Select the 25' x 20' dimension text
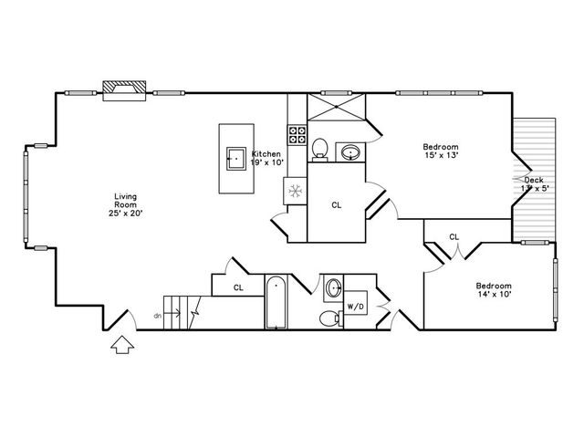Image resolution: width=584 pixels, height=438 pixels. pos(124,213)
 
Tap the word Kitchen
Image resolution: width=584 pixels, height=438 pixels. pos(266,153)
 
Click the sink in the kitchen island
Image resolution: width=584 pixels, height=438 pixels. pos(235,158)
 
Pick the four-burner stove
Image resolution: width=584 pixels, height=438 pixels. pos(297,136)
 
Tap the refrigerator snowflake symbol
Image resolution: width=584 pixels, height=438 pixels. pos(295,191)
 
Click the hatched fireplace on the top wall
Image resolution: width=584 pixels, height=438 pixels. pos(122,88)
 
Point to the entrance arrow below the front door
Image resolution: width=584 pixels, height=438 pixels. pos(121,347)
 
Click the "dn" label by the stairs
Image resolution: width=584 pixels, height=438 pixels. pos(157,315)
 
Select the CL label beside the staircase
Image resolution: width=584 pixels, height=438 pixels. pos(238,287)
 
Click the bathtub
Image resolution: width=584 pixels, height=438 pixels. pos(276,303)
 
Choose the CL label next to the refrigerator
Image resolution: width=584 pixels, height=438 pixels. pos(336,205)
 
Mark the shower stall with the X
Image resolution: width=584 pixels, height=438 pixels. pos(337,108)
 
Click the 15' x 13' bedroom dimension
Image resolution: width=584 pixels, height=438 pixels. pos(440,156)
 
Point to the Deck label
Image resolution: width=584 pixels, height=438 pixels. pos(533,180)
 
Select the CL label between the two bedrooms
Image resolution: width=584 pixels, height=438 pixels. pos(454,237)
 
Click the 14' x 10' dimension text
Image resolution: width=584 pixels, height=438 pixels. pos(493,295)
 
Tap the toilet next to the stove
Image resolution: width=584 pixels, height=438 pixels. pos(320,147)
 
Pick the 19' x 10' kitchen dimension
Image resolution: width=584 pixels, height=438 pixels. pos(268,162)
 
